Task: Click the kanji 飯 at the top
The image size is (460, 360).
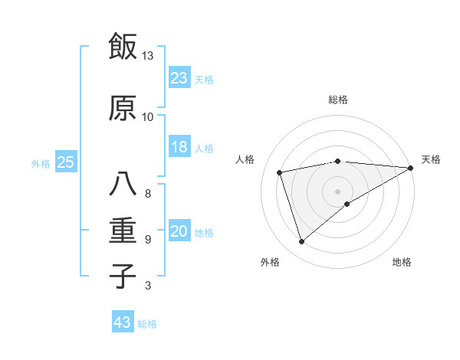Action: pyautogui.click(x=123, y=47)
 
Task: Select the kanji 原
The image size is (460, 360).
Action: pyautogui.click(x=123, y=108)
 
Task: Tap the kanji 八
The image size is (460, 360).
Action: pyautogui.click(x=123, y=185)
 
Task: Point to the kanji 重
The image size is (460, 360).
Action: pyautogui.click(x=123, y=231)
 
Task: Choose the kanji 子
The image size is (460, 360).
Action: pyautogui.click(x=123, y=276)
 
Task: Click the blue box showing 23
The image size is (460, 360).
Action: pyautogui.click(x=179, y=78)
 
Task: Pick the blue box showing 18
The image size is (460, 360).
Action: pyautogui.click(x=179, y=147)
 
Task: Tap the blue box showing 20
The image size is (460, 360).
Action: pyautogui.click(x=179, y=232)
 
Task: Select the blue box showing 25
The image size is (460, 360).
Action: pyautogui.click(x=65, y=162)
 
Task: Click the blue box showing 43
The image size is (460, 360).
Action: pyautogui.click(x=123, y=322)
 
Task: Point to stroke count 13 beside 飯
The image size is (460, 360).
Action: pyautogui.click(x=147, y=56)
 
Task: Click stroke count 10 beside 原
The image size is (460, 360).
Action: pyautogui.click(x=147, y=117)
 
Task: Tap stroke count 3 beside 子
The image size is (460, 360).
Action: pyautogui.click(x=147, y=286)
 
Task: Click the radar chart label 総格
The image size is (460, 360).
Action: pyautogui.click(x=337, y=100)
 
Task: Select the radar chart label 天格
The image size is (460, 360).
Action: pyautogui.click(x=431, y=159)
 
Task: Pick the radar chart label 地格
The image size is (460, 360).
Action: pyautogui.click(x=402, y=262)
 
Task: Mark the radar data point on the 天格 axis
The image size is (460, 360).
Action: pyautogui.click(x=411, y=168)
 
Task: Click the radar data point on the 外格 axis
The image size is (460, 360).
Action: pyautogui.click(x=301, y=242)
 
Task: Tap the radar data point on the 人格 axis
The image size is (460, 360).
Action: pyautogui.click(x=280, y=172)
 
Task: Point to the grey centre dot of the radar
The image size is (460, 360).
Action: pyautogui.click(x=337, y=190)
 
